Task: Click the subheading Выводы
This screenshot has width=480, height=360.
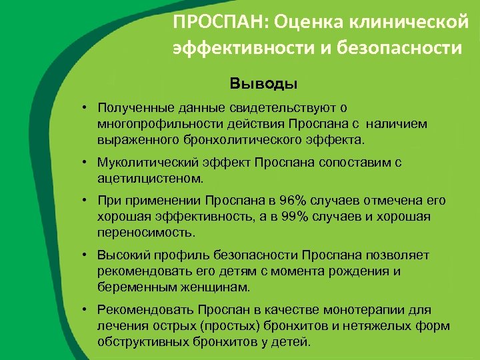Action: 263,85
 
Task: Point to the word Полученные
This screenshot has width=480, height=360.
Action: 137,107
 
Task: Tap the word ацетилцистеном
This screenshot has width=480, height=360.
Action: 150,179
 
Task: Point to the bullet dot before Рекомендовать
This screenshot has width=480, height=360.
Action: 87,310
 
